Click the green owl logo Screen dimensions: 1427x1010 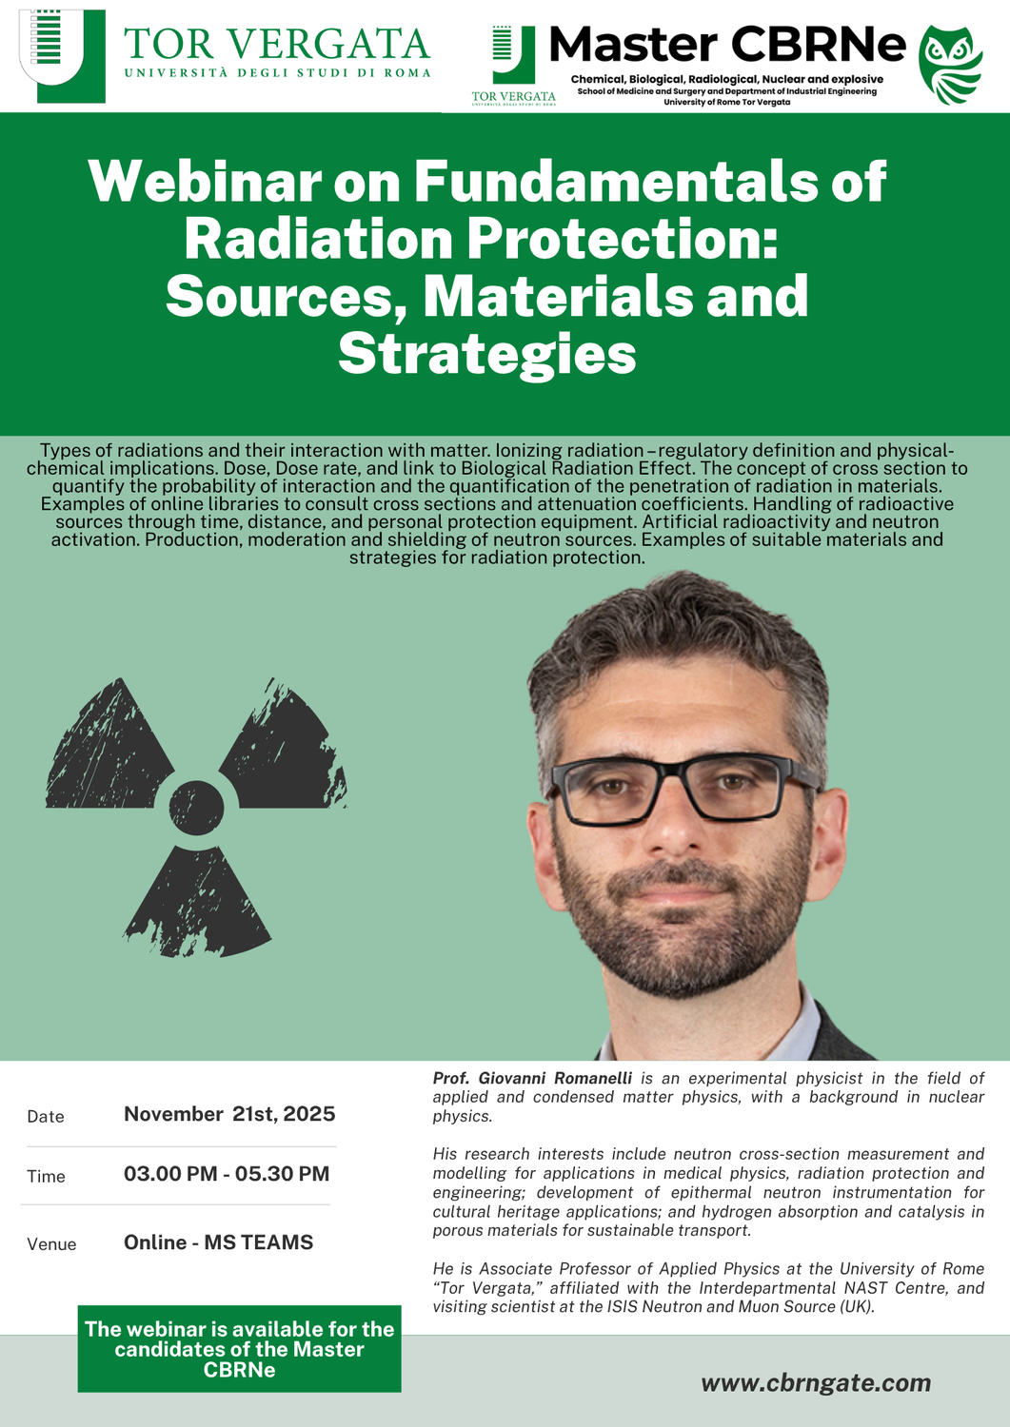tap(950, 65)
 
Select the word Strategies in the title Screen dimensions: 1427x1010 tap(486, 354)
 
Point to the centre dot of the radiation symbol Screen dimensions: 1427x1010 tap(196, 808)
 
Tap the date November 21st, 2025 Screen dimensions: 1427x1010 tap(229, 1114)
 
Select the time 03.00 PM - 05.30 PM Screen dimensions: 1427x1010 tap(227, 1174)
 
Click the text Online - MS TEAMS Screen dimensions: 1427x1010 tap(218, 1242)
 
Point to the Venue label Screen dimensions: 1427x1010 tap(51, 1244)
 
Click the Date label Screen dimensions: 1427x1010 tap(46, 1117)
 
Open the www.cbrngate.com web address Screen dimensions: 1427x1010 tap(816, 1382)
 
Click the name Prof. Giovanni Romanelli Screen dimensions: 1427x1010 tap(532, 1078)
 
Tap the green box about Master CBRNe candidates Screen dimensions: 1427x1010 tap(239, 1349)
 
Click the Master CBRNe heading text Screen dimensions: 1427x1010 tap(727, 44)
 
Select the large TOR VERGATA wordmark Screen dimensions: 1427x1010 tap(277, 44)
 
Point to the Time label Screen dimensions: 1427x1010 tap(46, 1177)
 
